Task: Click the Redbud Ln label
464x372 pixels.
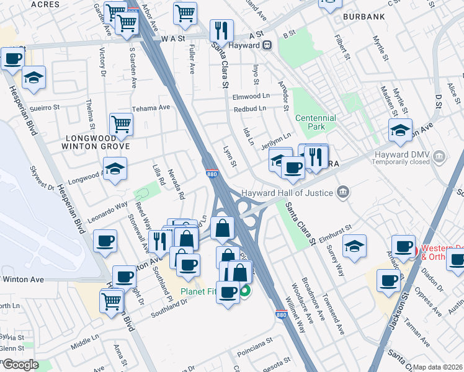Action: pos(250,108)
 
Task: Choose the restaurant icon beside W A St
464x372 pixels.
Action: pos(221,30)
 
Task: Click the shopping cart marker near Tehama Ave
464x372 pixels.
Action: pos(121,123)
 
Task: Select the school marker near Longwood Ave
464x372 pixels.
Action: pos(115,169)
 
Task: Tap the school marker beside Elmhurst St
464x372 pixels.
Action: pos(354,246)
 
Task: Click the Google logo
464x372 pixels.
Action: pos(20,365)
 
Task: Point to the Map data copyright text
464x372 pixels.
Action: pos(438,367)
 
